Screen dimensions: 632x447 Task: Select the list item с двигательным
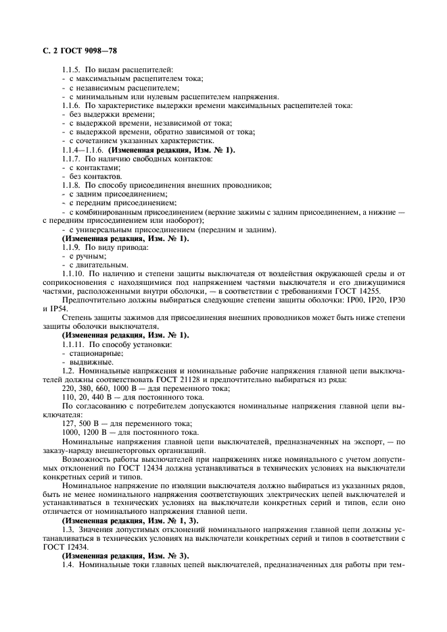tap(88, 265)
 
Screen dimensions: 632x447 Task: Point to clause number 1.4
tap(68, 564)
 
